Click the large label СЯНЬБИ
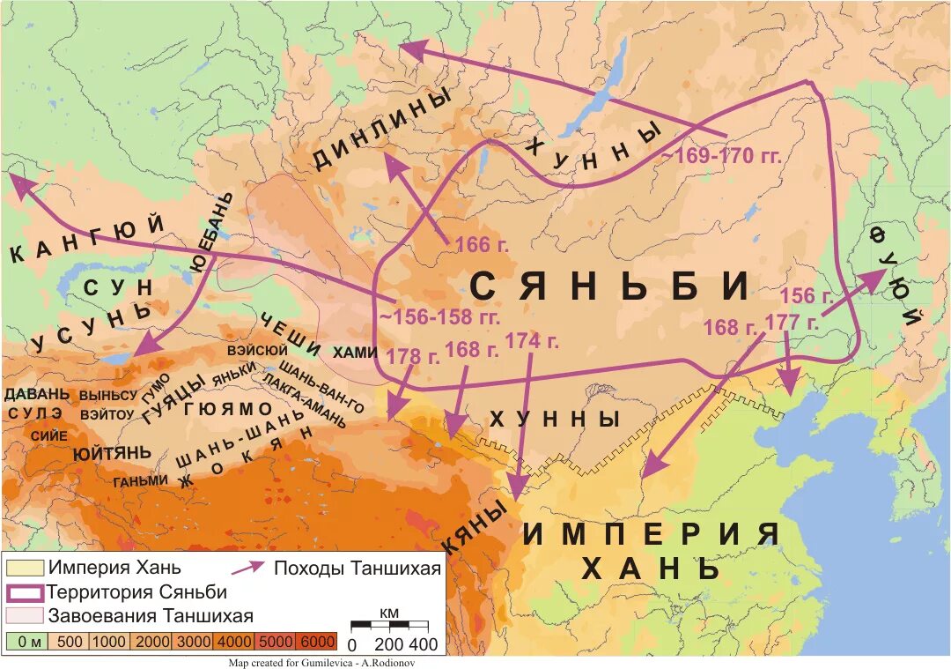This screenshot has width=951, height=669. pos(609,286)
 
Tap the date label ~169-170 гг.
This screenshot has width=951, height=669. pos(721,156)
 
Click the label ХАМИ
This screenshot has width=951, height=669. pos(355,351)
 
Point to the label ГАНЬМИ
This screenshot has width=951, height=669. pos(140,480)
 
